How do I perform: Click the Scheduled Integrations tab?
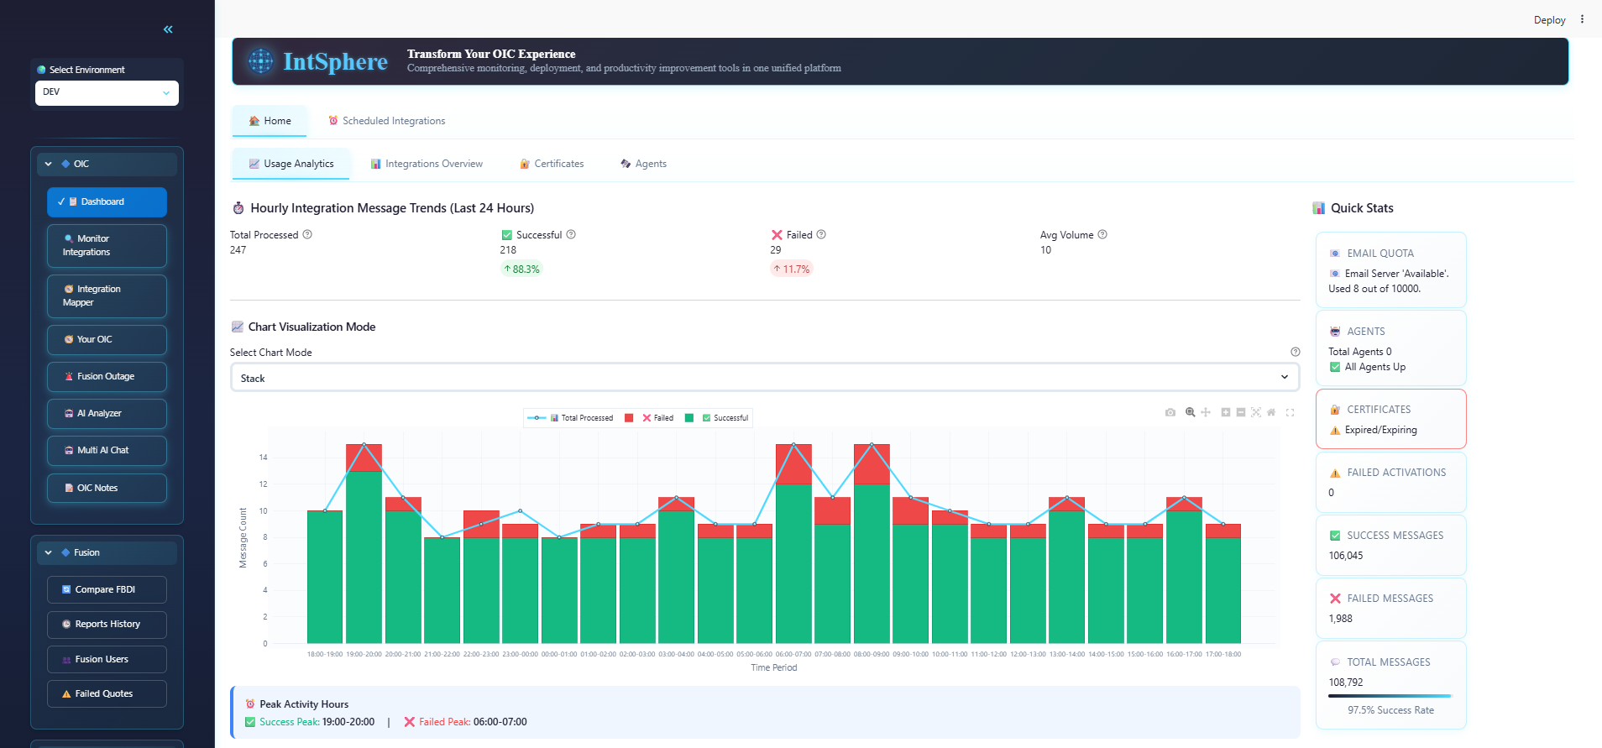387,121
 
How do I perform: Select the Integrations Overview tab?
427,164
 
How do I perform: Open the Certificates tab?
552,164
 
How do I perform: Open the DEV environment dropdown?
107,92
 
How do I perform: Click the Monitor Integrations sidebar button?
107,245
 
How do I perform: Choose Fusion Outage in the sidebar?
107,376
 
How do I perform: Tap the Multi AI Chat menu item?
107,450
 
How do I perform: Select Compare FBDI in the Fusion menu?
107,589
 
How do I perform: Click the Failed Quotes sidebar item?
107,693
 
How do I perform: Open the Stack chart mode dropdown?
764,378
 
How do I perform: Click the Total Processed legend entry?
579,418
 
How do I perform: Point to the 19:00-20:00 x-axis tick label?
364,654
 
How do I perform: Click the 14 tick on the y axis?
264,458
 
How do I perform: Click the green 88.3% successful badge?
521,269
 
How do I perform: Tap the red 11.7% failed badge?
792,269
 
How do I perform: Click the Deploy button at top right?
1549,20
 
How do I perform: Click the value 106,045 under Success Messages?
1345,556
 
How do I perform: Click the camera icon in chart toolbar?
1170,412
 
